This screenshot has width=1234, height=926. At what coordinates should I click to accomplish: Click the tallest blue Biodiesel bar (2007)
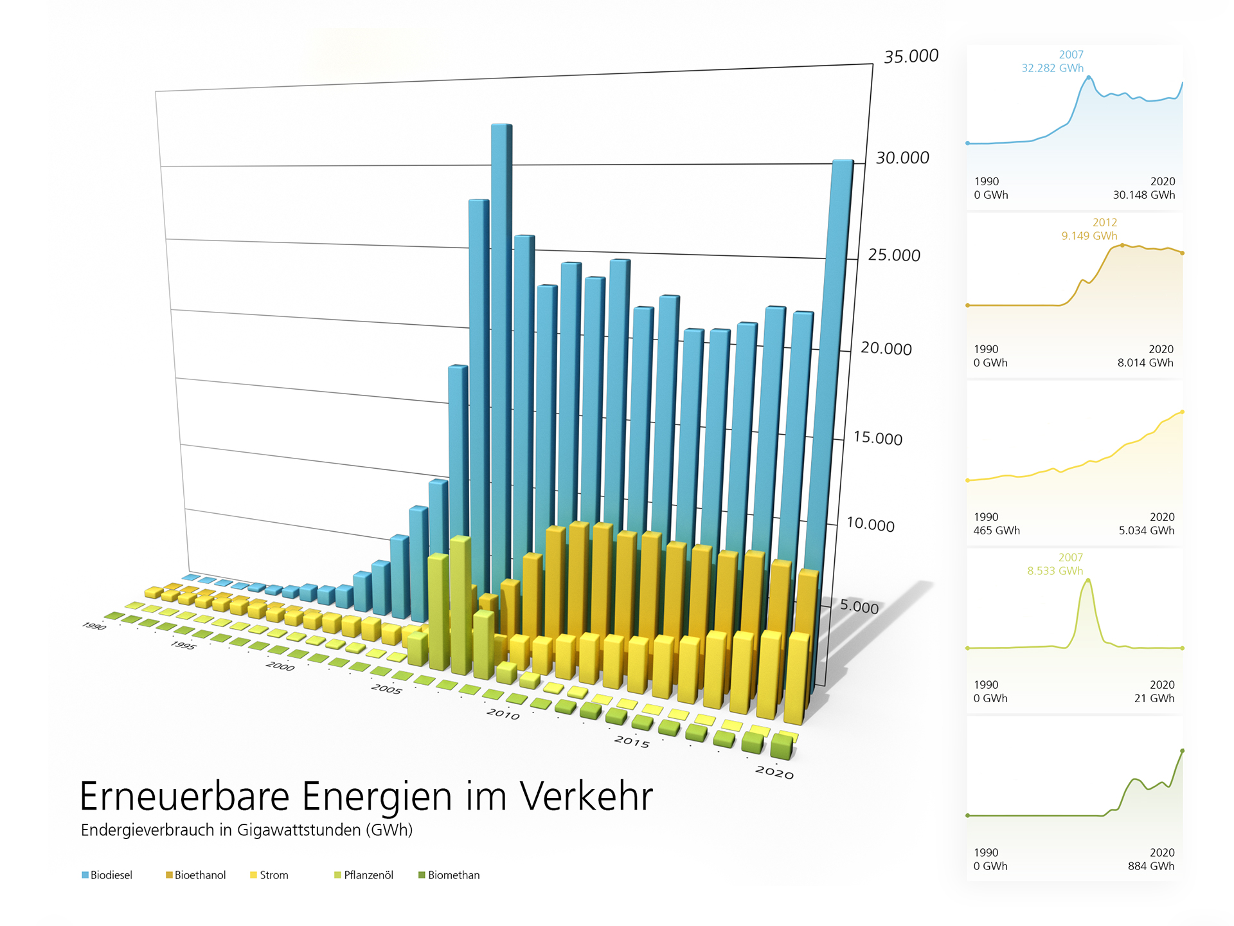click(x=501, y=322)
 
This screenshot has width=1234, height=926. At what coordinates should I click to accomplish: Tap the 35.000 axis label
click(x=911, y=57)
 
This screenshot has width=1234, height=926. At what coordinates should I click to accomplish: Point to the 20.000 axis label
click(x=886, y=349)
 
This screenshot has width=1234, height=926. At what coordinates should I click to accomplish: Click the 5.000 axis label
click(x=859, y=606)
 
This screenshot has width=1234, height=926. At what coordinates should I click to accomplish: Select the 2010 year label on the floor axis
click(x=503, y=714)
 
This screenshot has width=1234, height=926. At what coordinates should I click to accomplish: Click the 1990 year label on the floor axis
click(x=94, y=626)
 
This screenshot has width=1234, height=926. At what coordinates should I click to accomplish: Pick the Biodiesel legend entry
click(x=111, y=875)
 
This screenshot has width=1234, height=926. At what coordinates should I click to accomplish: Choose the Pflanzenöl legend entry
click(x=368, y=875)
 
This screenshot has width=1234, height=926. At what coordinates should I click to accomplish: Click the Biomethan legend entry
click(x=453, y=875)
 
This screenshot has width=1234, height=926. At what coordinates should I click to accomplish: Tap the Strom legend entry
click(x=273, y=875)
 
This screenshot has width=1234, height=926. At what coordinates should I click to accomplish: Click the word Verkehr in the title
click(x=586, y=797)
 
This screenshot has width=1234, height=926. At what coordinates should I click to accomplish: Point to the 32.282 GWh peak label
click(x=1052, y=68)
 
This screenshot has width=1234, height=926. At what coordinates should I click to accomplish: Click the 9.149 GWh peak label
click(x=1089, y=236)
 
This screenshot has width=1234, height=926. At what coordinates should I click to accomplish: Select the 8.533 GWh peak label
click(x=1055, y=571)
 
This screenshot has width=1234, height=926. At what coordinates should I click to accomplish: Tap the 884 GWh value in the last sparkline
click(x=1150, y=866)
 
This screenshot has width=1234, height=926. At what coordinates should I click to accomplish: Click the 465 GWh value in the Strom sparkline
click(x=996, y=531)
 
